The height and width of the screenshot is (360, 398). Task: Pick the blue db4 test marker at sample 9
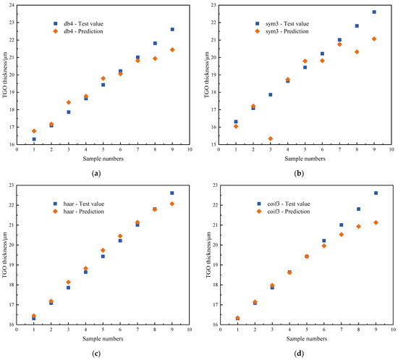pyautogui.click(x=172, y=29)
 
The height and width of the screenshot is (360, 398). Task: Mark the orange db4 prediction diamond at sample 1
pyautogui.click(x=33, y=131)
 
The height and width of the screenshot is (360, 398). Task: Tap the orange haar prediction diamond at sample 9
pyautogui.click(x=172, y=204)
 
